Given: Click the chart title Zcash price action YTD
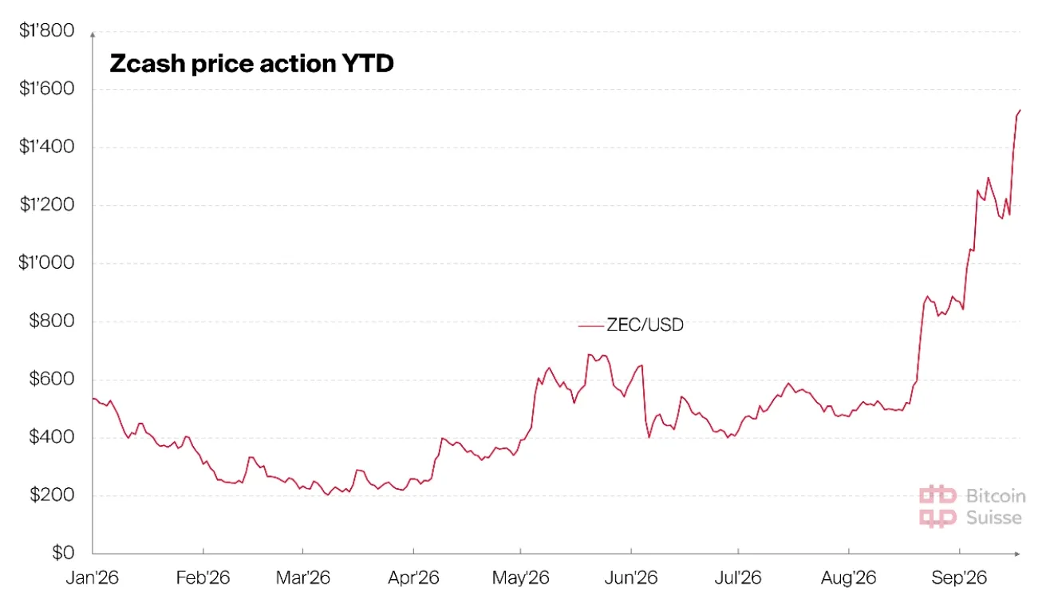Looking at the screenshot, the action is point(251,63).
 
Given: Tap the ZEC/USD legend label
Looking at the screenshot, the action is point(645,325).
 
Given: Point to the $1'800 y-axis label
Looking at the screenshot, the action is point(46,30).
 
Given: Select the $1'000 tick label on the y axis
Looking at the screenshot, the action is point(46,262).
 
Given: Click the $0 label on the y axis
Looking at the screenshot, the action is point(63,553).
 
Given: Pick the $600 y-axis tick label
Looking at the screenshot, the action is point(52,379).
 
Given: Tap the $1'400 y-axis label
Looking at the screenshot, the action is point(46,147).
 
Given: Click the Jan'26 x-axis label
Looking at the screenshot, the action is point(93,577).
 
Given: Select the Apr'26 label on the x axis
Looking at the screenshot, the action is point(413,577).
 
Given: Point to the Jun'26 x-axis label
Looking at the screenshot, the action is point(631,577).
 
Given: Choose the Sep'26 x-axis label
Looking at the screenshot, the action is point(959,577).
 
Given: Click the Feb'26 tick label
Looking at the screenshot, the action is point(203,577).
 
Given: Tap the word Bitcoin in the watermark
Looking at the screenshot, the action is point(996,496).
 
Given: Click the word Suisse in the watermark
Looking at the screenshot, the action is point(994,518).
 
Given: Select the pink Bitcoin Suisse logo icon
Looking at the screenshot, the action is point(937,506).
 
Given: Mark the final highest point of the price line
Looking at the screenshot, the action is point(1020,111).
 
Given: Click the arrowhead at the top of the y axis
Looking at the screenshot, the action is point(93,34).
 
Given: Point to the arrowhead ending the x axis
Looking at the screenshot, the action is point(1016,554).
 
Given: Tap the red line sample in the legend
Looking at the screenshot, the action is point(590,325).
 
